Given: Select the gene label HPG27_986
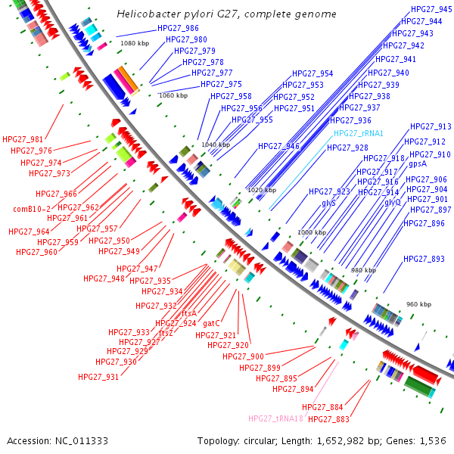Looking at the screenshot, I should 178,29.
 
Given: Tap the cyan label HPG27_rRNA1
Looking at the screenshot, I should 359,133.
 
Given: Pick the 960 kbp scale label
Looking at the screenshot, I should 418,304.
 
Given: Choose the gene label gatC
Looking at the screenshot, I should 211,323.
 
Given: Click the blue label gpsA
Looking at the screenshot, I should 418,163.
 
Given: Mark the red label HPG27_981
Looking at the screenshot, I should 23,139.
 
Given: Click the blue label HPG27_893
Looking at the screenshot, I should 424,259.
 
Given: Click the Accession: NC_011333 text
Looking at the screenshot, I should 58,440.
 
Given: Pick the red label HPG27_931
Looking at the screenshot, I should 98,377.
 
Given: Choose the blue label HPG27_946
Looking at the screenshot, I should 278,147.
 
